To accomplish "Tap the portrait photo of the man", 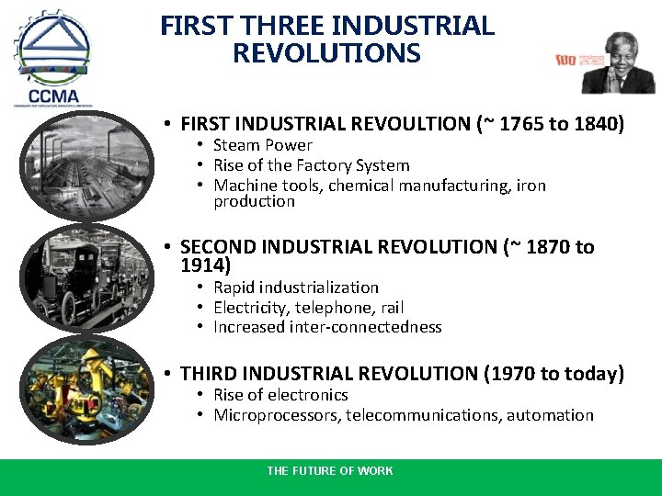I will [618, 62].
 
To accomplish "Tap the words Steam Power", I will [263, 145].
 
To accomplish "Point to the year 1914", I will [202, 265].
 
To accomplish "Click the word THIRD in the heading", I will [210, 374].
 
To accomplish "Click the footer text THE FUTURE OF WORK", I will [330, 471].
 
